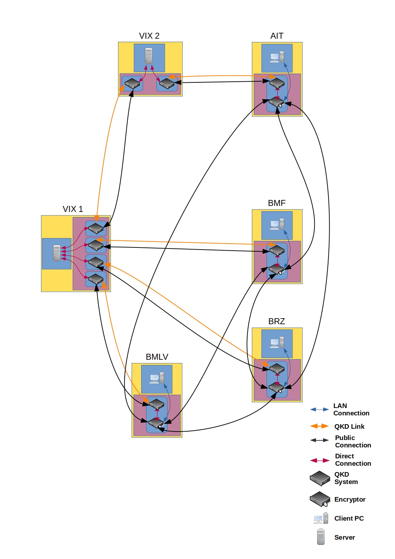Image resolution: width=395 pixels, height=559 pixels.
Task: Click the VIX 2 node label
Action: (x=149, y=36)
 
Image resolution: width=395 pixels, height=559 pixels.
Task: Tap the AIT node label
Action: (x=277, y=36)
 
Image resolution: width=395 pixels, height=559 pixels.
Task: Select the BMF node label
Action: (x=277, y=203)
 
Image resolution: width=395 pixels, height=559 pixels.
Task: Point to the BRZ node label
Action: (x=276, y=321)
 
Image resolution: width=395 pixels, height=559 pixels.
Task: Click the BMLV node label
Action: (x=157, y=357)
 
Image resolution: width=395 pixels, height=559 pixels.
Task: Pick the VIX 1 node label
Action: (x=73, y=209)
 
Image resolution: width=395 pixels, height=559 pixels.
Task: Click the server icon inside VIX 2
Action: (x=149, y=56)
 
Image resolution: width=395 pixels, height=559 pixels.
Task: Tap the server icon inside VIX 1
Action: (x=57, y=253)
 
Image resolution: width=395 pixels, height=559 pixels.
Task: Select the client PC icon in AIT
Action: (x=277, y=57)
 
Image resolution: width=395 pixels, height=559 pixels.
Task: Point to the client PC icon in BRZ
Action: (x=277, y=343)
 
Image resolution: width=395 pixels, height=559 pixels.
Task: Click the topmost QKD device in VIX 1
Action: (x=96, y=228)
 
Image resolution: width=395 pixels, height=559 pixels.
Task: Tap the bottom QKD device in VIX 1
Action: (x=96, y=279)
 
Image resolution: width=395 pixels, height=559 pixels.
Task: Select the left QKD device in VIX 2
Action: (x=132, y=84)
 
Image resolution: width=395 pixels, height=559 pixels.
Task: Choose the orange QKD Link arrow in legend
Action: (x=319, y=426)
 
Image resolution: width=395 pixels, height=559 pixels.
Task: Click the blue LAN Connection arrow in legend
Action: (x=319, y=409)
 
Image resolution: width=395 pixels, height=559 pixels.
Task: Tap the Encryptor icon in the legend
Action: (x=320, y=499)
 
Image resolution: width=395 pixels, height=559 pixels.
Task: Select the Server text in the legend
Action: (x=344, y=538)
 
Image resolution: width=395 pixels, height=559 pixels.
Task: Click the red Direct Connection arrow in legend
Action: (x=319, y=460)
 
